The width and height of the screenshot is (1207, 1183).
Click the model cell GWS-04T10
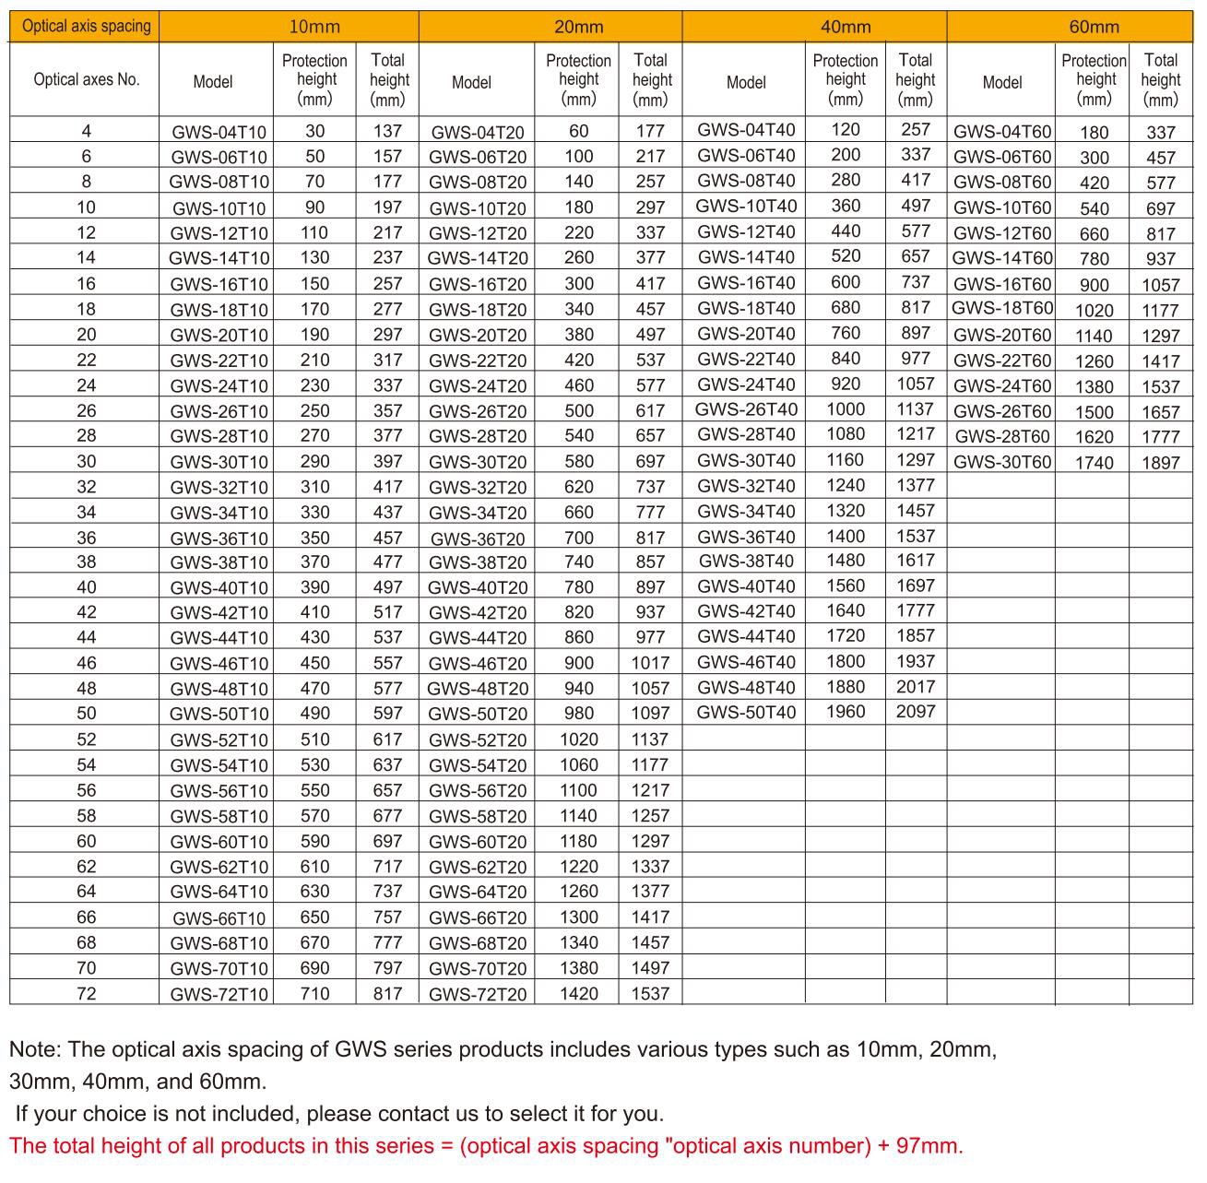click(219, 132)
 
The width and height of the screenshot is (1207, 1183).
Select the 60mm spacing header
click(1094, 27)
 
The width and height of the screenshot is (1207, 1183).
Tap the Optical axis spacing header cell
click(86, 26)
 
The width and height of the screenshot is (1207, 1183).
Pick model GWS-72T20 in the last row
click(478, 994)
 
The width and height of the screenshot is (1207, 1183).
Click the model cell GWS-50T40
click(745, 712)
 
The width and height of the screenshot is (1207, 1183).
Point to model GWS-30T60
click(1001, 462)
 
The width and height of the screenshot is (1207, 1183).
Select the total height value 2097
click(915, 712)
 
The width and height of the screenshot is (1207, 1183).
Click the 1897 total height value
click(1160, 463)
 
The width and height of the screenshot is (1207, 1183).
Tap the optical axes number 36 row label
click(86, 538)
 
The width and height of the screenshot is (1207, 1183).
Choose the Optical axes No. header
click(86, 79)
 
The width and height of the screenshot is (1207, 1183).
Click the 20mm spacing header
click(578, 27)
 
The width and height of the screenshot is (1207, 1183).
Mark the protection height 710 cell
click(314, 994)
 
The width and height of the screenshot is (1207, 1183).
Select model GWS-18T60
click(1001, 308)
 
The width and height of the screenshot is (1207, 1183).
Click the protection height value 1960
click(845, 712)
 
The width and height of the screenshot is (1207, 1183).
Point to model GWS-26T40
click(745, 409)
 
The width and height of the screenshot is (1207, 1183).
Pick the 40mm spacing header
click(845, 27)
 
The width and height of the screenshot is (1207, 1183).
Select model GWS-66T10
click(219, 918)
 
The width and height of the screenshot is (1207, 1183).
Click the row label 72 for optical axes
click(86, 994)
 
